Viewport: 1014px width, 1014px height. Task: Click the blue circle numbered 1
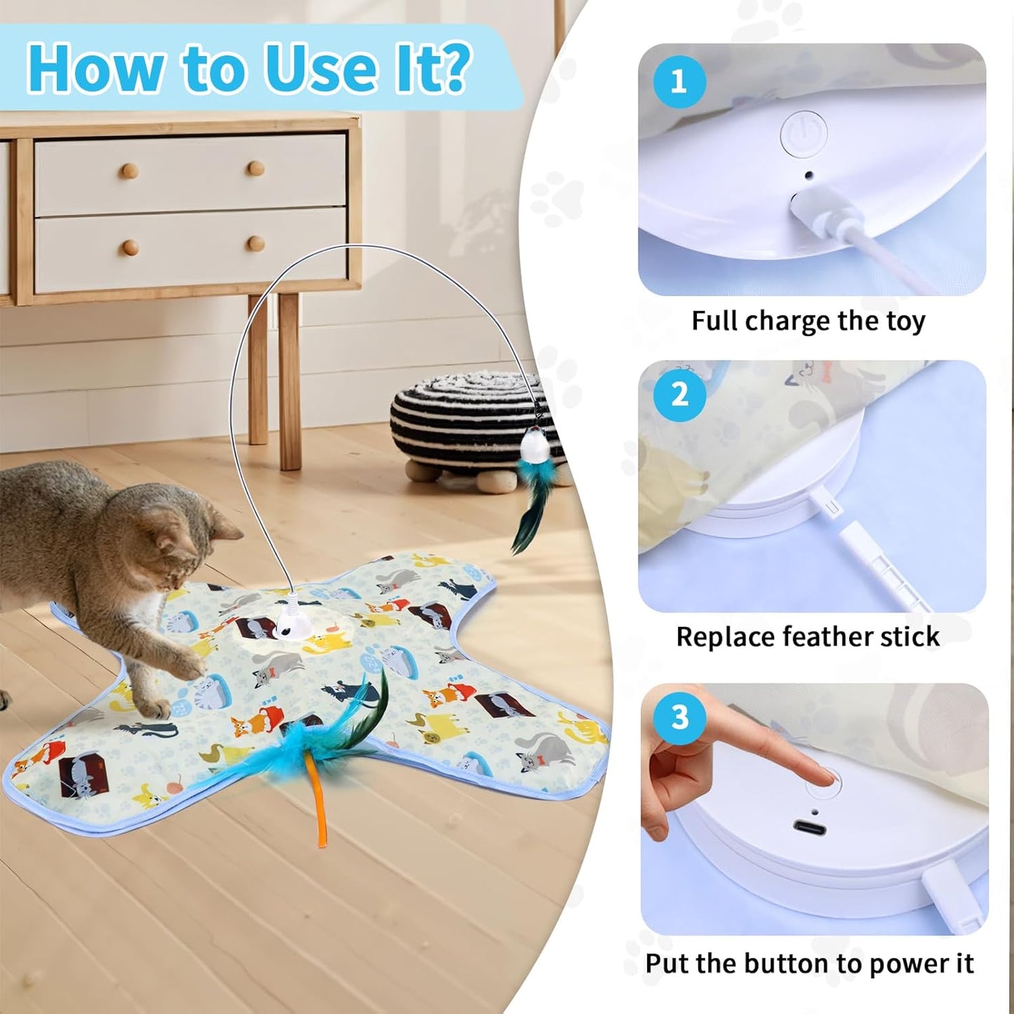coord(679,82)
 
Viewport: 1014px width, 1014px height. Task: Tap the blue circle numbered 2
coord(679,395)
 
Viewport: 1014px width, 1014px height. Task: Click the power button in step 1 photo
coord(803,133)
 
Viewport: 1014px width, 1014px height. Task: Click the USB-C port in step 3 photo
coord(809,828)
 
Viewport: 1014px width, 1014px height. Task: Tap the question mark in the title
coord(456,69)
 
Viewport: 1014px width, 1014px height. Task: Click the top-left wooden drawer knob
coord(128,171)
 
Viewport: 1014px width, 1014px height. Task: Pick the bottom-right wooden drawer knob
coord(255,244)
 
